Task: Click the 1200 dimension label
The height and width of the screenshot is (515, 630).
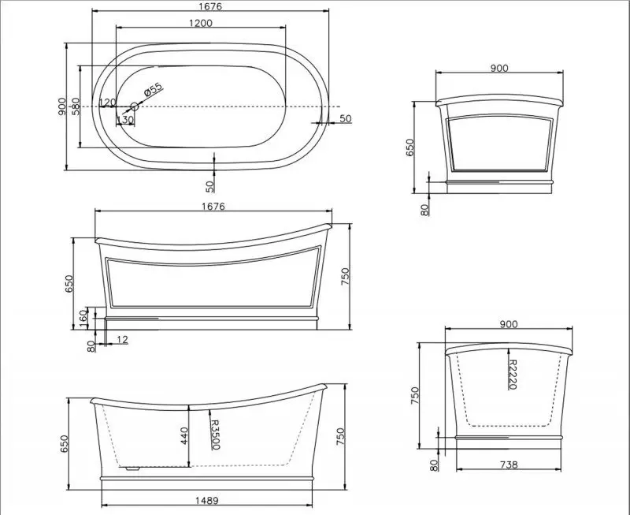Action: (201, 23)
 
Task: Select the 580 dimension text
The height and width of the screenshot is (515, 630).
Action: (76, 106)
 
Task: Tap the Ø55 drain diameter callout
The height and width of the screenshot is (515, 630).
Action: (153, 90)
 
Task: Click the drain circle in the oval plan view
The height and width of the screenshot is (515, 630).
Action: (135, 106)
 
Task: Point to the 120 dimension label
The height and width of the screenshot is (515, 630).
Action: (107, 103)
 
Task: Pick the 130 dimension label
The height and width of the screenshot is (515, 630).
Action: (125, 120)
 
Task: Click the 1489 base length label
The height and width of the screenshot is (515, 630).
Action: (207, 501)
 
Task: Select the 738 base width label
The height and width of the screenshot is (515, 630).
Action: (509, 465)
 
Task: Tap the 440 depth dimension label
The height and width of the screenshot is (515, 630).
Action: (184, 435)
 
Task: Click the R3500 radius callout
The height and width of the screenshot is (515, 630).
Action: (215, 435)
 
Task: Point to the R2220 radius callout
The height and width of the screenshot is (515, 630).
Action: (512, 375)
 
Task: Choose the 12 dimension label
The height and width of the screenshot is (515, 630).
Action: (122, 340)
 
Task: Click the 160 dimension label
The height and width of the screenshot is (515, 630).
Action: (83, 319)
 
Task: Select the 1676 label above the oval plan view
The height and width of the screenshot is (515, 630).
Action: (209, 6)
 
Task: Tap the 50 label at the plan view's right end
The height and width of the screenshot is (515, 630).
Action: (346, 118)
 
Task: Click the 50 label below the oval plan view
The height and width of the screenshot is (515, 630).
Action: (209, 186)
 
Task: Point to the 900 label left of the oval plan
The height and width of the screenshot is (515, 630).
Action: (61, 106)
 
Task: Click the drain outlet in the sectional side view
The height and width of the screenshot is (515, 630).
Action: (132, 468)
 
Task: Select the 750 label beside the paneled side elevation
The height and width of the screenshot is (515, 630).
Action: (346, 276)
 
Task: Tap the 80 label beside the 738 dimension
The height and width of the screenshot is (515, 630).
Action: (434, 465)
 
